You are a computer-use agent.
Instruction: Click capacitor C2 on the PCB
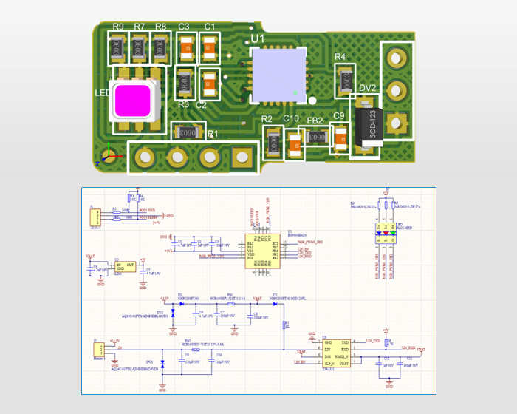209,83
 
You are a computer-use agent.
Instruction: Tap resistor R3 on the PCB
185,83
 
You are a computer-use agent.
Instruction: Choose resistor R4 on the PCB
343,78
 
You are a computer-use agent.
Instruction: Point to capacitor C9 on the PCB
340,138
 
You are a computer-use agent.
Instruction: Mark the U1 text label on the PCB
258,37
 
